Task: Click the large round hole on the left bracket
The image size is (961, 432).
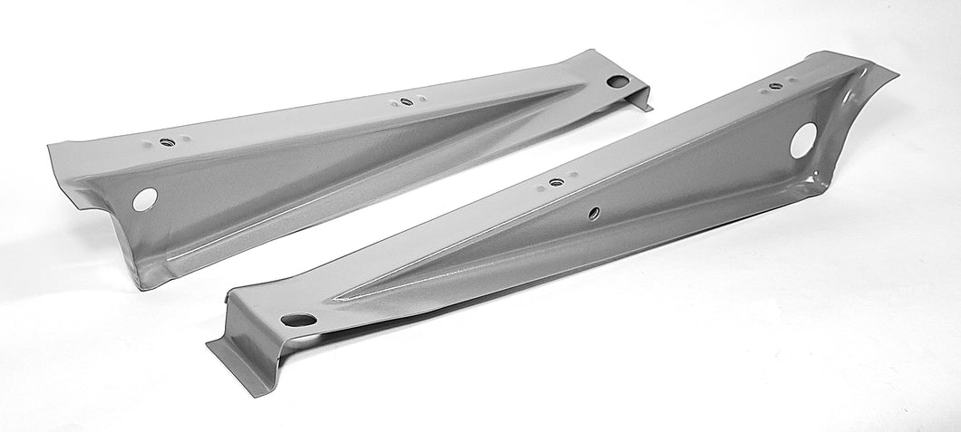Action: pyautogui.click(x=144, y=199)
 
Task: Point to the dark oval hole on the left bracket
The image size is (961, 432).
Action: pyautogui.click(x=618, y=82)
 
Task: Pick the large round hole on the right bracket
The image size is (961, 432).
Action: pyautogui.click(x=803, y=141)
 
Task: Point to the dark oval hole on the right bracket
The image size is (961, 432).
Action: pyautogui.click(x=297, y=320)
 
